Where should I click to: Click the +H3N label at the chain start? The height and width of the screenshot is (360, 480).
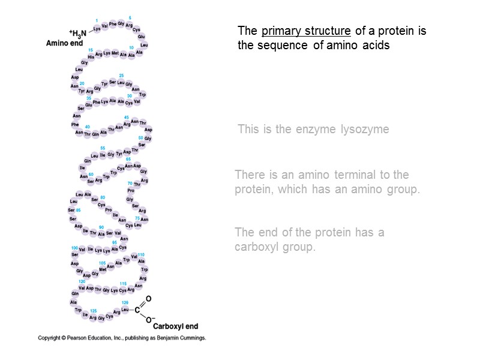tap(78, 34)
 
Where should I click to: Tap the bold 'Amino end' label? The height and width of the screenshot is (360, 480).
tap(64, 43)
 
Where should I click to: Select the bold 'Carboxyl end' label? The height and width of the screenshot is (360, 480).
tap(175, 326)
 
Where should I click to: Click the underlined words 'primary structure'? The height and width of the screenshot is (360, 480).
tap(306, 31)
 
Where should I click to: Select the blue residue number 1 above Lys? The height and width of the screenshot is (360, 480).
tap(97, 21)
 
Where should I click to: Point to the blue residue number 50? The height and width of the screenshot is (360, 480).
tap(140, 138)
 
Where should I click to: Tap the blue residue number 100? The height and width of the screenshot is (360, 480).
tap(74, 247)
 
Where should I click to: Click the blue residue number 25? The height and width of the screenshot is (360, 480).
tap(121, 76)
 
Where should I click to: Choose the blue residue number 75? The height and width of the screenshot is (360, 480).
tap(137, 218)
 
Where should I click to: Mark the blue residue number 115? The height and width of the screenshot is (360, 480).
tap(122, 283)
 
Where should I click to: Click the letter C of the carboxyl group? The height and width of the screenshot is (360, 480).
tap(137, 310)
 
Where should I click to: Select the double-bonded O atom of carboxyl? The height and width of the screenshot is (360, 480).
tap(148, 299)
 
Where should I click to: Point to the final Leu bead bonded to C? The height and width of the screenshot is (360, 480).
tap(125, 310)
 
